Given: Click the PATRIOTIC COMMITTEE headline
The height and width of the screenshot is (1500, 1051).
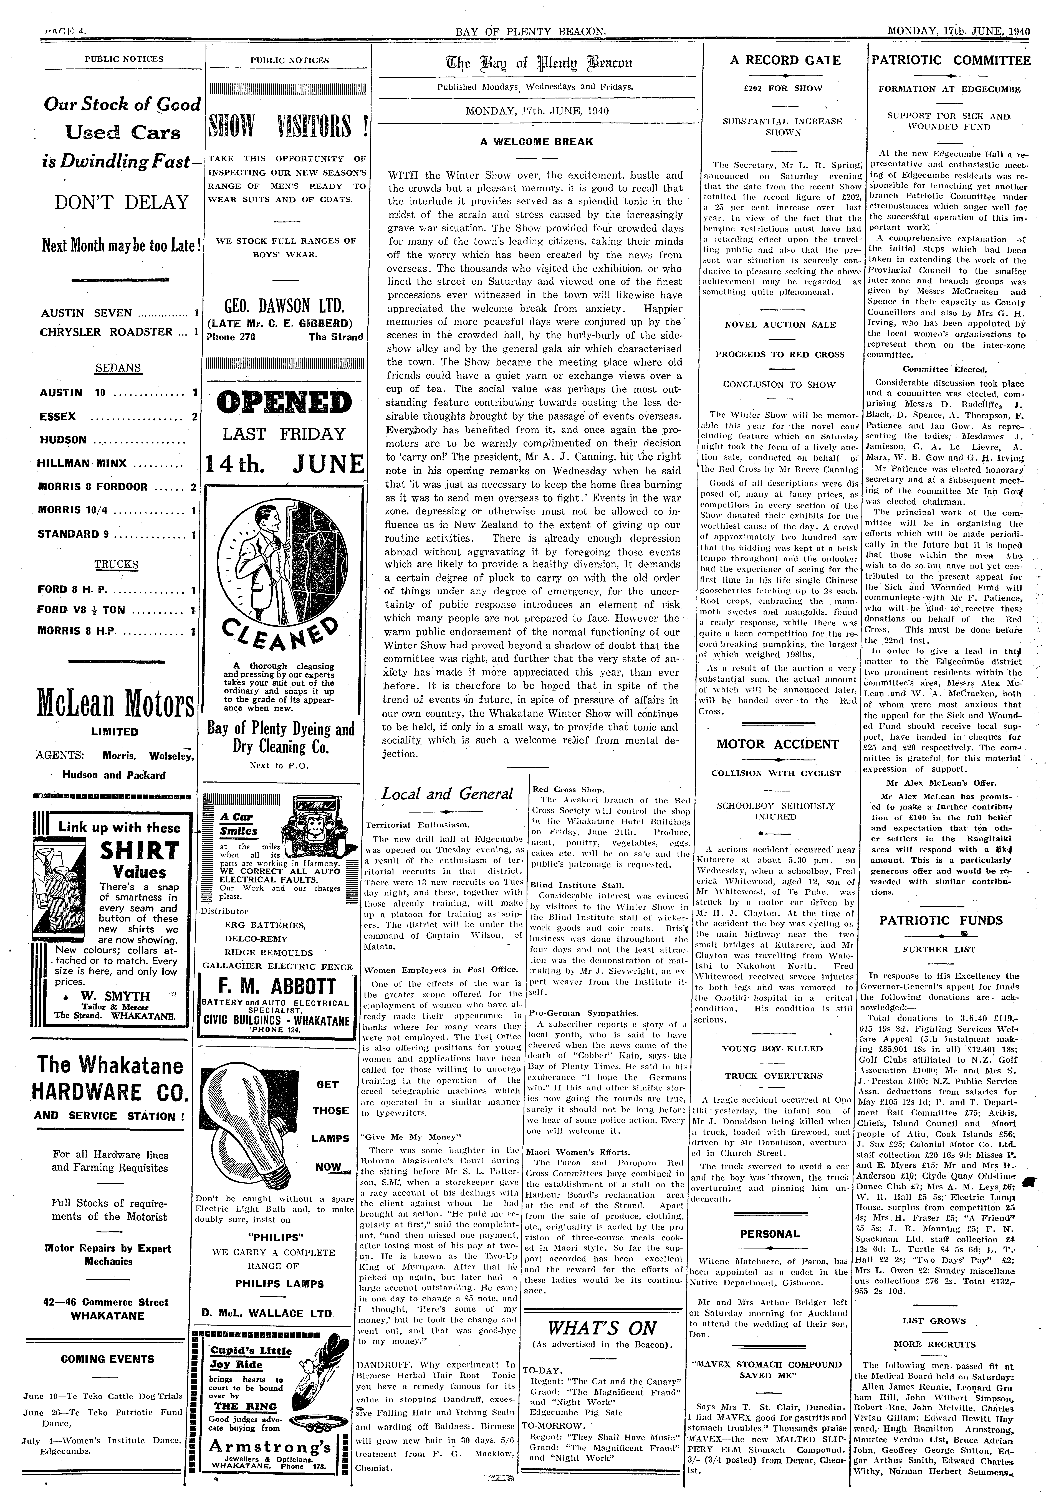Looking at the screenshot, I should point(951,61).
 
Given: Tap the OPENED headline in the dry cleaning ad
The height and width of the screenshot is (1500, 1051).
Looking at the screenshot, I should point(284,402).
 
